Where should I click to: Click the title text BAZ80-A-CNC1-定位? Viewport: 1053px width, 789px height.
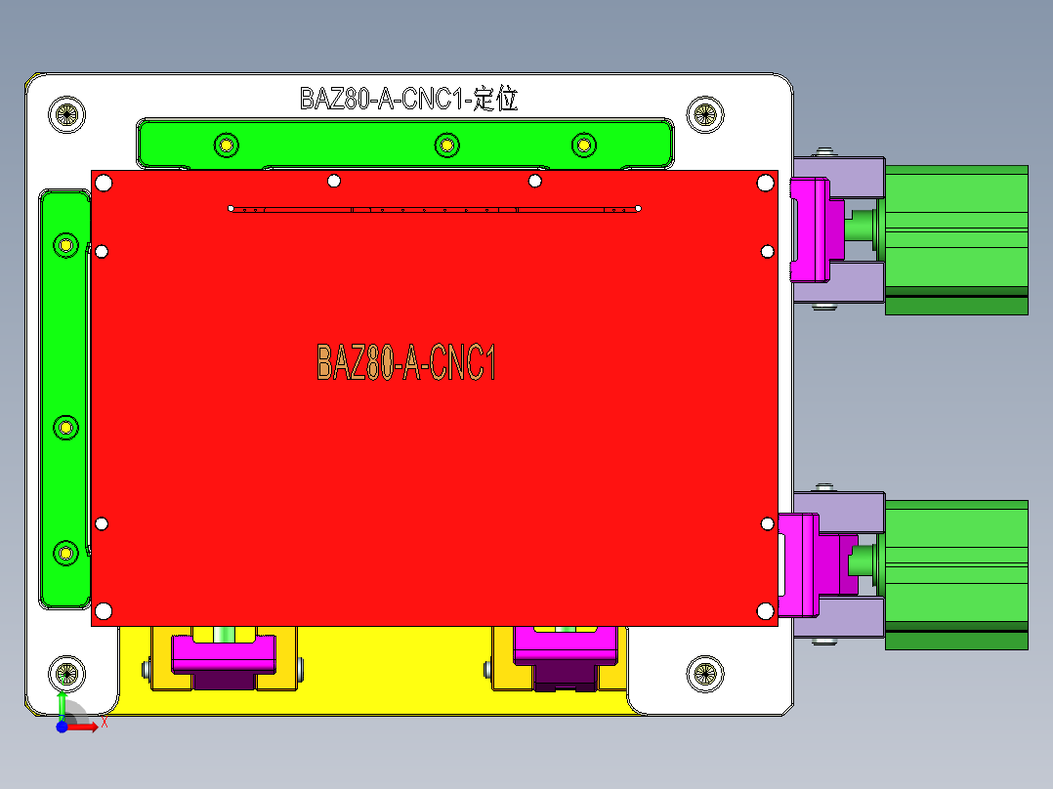pyautogui.click(x=408, y=99)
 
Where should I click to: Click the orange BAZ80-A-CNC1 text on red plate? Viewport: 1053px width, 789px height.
pyautogui.click(x=406, y=362)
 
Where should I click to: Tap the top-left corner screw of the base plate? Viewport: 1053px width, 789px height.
pyautogui.click(x=66, y=114)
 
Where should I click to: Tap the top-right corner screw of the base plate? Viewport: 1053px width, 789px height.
pyautogui.click(x=704, y=114)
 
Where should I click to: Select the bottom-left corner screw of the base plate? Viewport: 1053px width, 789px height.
pyautogui.click(x=66, y=674)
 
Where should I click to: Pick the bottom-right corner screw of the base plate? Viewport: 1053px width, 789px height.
pyautogui.click(x=704, y=673)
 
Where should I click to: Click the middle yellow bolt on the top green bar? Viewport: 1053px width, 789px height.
pyautogui.click(x=445, y=145)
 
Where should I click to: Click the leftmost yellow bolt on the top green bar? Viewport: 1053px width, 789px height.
pyautogui.click(x=226, y=145)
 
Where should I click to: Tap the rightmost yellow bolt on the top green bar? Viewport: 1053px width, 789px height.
pyautogui.click(x=583, y=145)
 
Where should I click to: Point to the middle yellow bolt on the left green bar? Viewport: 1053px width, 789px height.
pyautogui.click(x=65, y=427)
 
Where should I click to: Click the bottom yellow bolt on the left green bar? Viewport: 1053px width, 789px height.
pyautogui.click(x=65, y=553)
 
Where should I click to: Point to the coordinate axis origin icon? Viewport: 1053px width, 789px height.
pyautogui.click(x=63, y=726)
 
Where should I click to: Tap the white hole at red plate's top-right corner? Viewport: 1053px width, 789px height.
pyautogui.click(x=765, y=182)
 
